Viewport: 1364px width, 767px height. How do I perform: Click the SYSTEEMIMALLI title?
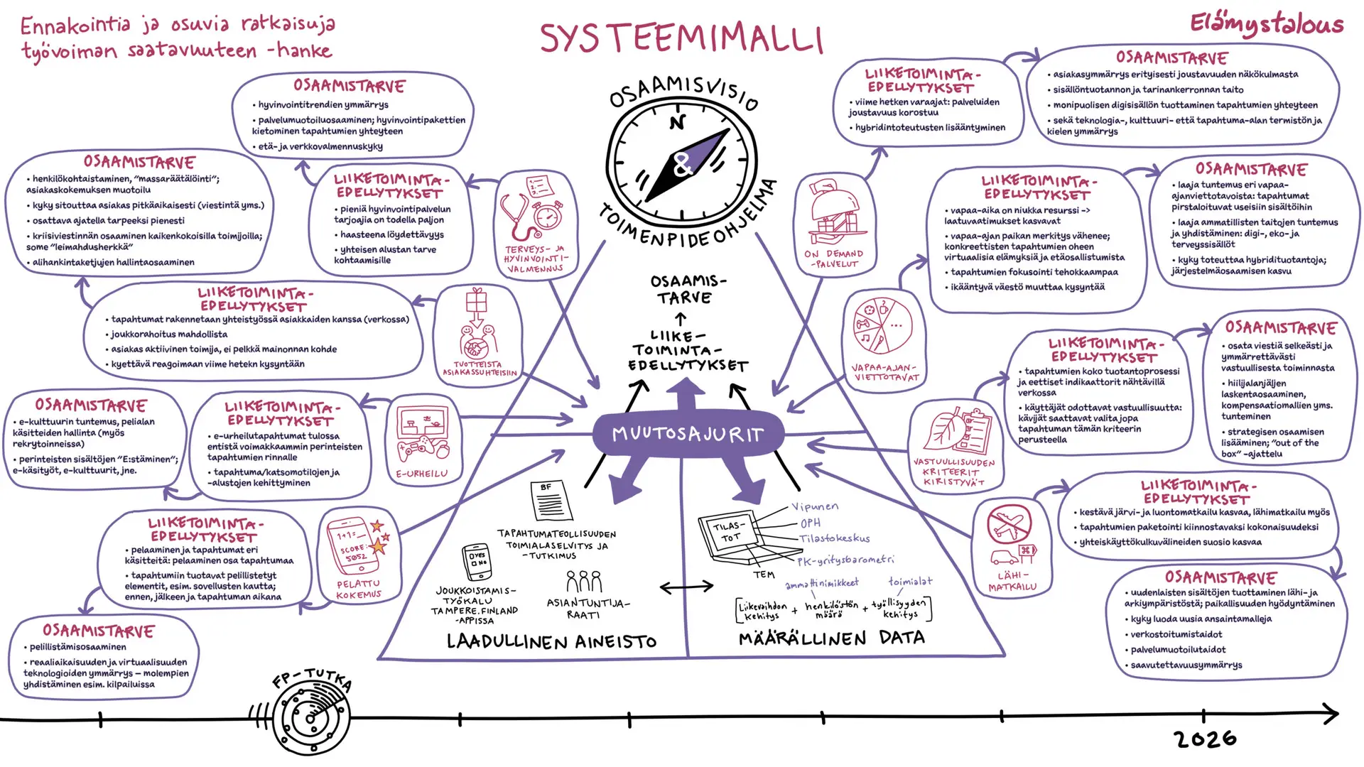tap(681, 38)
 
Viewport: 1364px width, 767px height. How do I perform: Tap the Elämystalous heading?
tap(1267, 25)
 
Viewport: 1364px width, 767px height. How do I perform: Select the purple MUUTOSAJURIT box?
tap(688, 433)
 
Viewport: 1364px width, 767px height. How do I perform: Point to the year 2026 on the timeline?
tap(1206, 739)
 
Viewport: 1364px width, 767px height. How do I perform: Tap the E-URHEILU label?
tap(422, 473)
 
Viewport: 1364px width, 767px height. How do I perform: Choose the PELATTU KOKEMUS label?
tap(359, 589)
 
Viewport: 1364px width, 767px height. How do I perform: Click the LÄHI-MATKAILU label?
tap(1012, 581)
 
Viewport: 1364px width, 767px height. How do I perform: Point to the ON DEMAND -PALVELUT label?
tap(834, 259)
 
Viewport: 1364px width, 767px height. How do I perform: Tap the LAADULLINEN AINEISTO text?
tap(551, 642)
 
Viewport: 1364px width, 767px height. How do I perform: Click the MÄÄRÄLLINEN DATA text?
tap(831, 638)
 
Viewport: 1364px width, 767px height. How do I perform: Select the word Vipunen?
tap(815, 506)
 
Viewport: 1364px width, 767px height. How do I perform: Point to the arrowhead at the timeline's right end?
tap(1331, 714)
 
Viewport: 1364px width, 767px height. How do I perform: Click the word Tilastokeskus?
tap(834, 538)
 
